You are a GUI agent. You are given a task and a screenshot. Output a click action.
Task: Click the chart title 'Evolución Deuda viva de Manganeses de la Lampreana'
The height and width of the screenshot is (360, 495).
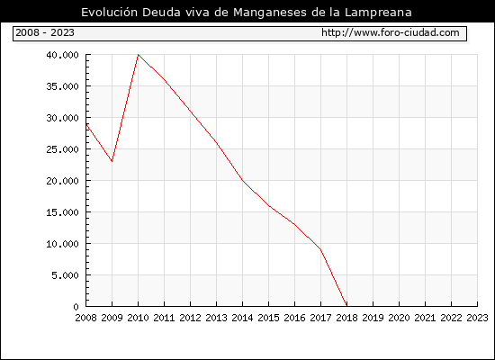[x=247, y=13]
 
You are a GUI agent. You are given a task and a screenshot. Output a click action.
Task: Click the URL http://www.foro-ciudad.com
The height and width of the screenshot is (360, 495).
[x=391, y=32]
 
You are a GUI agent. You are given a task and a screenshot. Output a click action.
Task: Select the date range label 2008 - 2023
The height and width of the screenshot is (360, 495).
[x=45, y=32]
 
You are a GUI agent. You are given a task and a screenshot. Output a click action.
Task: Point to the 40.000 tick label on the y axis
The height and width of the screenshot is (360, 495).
[x=62, y=55]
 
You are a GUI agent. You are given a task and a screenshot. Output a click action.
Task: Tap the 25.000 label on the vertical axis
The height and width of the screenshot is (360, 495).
[x=62, y=149]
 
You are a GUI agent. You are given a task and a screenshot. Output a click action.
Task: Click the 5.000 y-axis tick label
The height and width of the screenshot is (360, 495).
[x=66, y=275]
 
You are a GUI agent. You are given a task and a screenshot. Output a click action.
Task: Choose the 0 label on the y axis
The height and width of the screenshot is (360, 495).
[x=76, y=307]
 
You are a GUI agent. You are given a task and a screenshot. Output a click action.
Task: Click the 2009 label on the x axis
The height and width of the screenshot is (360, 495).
[x=112, y=318]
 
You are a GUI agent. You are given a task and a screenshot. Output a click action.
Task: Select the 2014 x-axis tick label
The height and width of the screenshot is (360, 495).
[x=242, y=318]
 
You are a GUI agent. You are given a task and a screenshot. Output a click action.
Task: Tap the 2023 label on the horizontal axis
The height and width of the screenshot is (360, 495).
[x=477, y=318]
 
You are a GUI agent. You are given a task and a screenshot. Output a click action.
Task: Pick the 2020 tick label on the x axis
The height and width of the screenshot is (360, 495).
[x=399, y=318]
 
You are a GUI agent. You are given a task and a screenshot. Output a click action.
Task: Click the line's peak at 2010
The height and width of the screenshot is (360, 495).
[x=139, y=55]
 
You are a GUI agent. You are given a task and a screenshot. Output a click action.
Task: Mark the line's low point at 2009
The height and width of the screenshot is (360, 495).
[x=112, y=161]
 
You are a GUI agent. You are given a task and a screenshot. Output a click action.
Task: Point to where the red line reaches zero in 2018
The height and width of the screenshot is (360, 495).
[x=346, y=306]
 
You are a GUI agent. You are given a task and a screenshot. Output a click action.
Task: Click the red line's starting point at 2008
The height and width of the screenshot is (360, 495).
[x=86, y=124]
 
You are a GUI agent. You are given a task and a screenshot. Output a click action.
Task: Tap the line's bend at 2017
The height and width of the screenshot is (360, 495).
[x=320, y=250]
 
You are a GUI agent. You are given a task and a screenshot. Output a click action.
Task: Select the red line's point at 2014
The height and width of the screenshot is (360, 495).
[x=242, y=180]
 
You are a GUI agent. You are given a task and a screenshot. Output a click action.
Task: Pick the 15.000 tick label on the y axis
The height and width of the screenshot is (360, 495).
[x=62, y=212]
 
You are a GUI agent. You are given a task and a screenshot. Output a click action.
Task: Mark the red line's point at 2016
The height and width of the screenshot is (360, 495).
[x=294, y=224]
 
